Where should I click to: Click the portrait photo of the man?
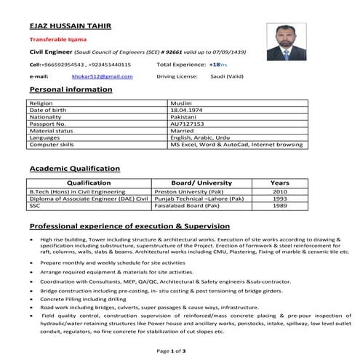289,42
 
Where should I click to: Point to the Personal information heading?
68,89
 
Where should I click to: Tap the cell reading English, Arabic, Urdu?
200,137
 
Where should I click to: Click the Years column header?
279,183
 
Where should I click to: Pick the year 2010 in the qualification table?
279,191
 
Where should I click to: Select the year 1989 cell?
279,206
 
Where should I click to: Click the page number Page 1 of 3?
171,351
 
